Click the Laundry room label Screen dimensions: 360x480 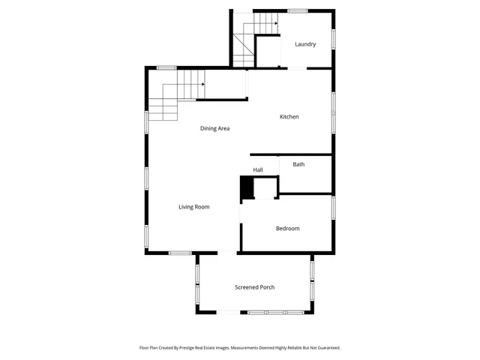coord(305,44)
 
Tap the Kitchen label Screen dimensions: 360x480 coord(289,117)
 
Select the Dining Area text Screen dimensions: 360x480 coord(214,128)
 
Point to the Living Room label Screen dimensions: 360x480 coord(193,207)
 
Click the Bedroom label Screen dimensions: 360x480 coord(287,229)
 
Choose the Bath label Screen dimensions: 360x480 coord(298,164)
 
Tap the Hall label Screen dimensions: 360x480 coord(258,170)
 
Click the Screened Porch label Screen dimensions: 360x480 coord(254,287)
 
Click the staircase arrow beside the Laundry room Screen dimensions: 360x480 coord(275,23)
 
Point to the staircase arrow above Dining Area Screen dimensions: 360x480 coord(202,85)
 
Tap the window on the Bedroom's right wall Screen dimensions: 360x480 coord(333,207)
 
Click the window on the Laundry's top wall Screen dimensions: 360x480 coord(298,10)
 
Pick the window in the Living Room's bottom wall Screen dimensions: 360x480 coord(180,253)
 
